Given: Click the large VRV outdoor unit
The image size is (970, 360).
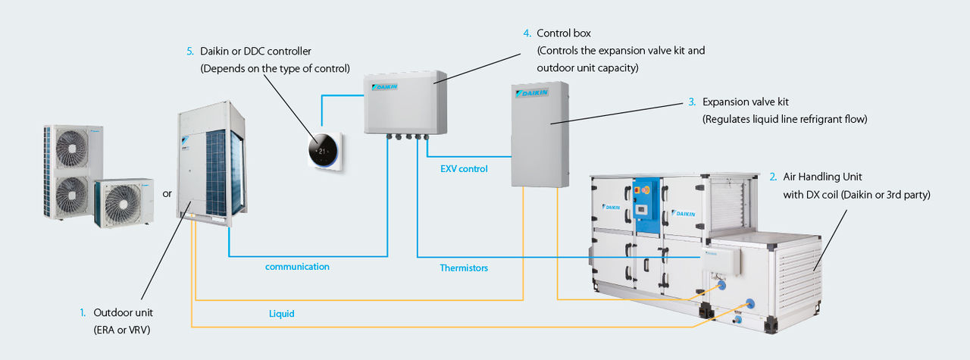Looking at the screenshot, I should (211, 162).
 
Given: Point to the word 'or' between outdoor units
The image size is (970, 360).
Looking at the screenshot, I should (167, 194).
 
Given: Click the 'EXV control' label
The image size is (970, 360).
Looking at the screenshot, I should (464, 169).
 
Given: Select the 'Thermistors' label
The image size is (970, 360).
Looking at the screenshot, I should (464, 268).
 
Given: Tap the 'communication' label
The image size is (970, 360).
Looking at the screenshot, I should (297, 267).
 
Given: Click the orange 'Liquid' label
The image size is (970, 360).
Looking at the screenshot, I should (281, 312).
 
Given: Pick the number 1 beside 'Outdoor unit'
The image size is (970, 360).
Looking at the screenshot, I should (83, 312).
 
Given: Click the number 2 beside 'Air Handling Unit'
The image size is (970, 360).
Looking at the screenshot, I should (772, 177).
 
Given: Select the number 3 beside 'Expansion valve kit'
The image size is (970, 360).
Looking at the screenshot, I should (692, 101).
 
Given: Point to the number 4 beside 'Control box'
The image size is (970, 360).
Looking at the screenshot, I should (527, 33).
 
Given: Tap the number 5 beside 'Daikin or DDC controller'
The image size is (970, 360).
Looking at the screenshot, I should (189, 52).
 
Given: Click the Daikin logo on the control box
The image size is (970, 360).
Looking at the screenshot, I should (384, 86).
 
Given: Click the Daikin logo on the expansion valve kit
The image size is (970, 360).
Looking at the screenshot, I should (530, 93).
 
